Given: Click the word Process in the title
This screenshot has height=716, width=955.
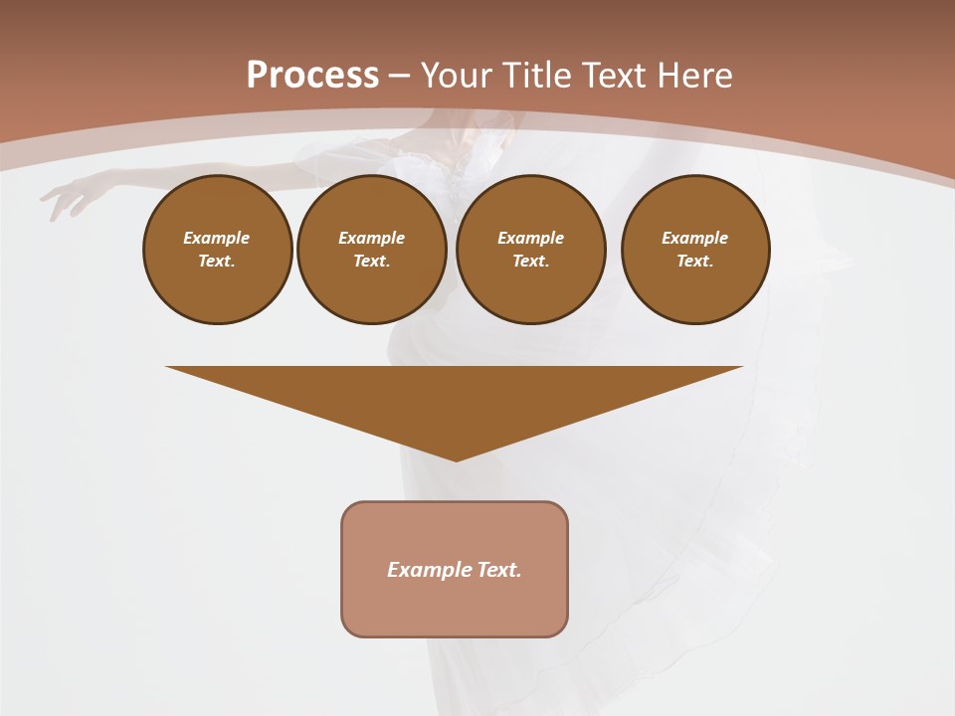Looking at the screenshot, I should click(312, 76).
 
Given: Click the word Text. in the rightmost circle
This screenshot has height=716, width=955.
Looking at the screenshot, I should click(694, 262).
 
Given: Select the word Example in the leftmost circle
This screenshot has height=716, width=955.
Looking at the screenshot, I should click(217, 239).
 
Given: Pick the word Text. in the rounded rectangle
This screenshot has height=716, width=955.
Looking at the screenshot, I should click(499, 570).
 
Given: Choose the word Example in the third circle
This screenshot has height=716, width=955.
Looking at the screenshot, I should click(530, 239).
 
